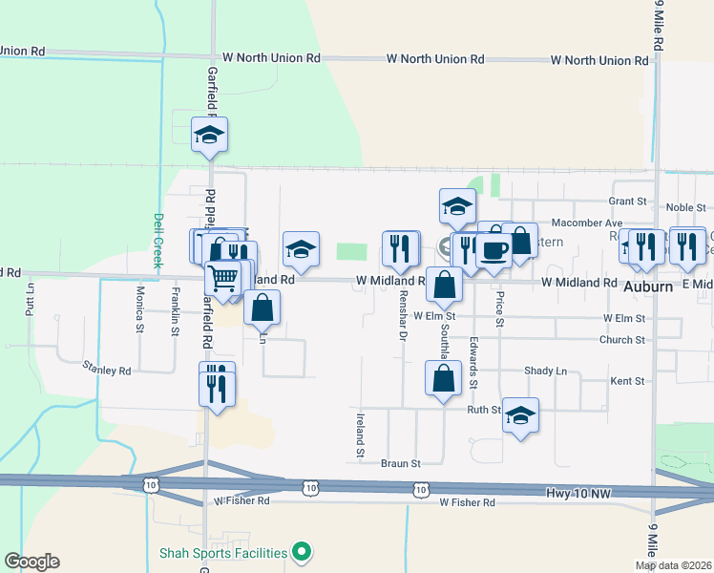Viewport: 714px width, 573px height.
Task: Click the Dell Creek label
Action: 158,238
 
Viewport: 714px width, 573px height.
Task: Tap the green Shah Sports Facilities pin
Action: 302,552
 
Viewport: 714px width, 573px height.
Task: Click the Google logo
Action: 31,562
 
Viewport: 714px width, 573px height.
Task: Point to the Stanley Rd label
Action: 106,368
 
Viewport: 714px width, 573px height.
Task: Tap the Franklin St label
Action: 176,311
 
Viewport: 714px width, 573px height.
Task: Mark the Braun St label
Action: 401,463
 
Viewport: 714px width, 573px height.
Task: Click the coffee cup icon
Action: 493,250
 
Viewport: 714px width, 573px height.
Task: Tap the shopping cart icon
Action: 223,278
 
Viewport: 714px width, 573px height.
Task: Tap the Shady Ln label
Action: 545,371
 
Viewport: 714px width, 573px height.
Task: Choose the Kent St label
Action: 626,381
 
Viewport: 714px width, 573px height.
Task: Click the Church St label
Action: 622,340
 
